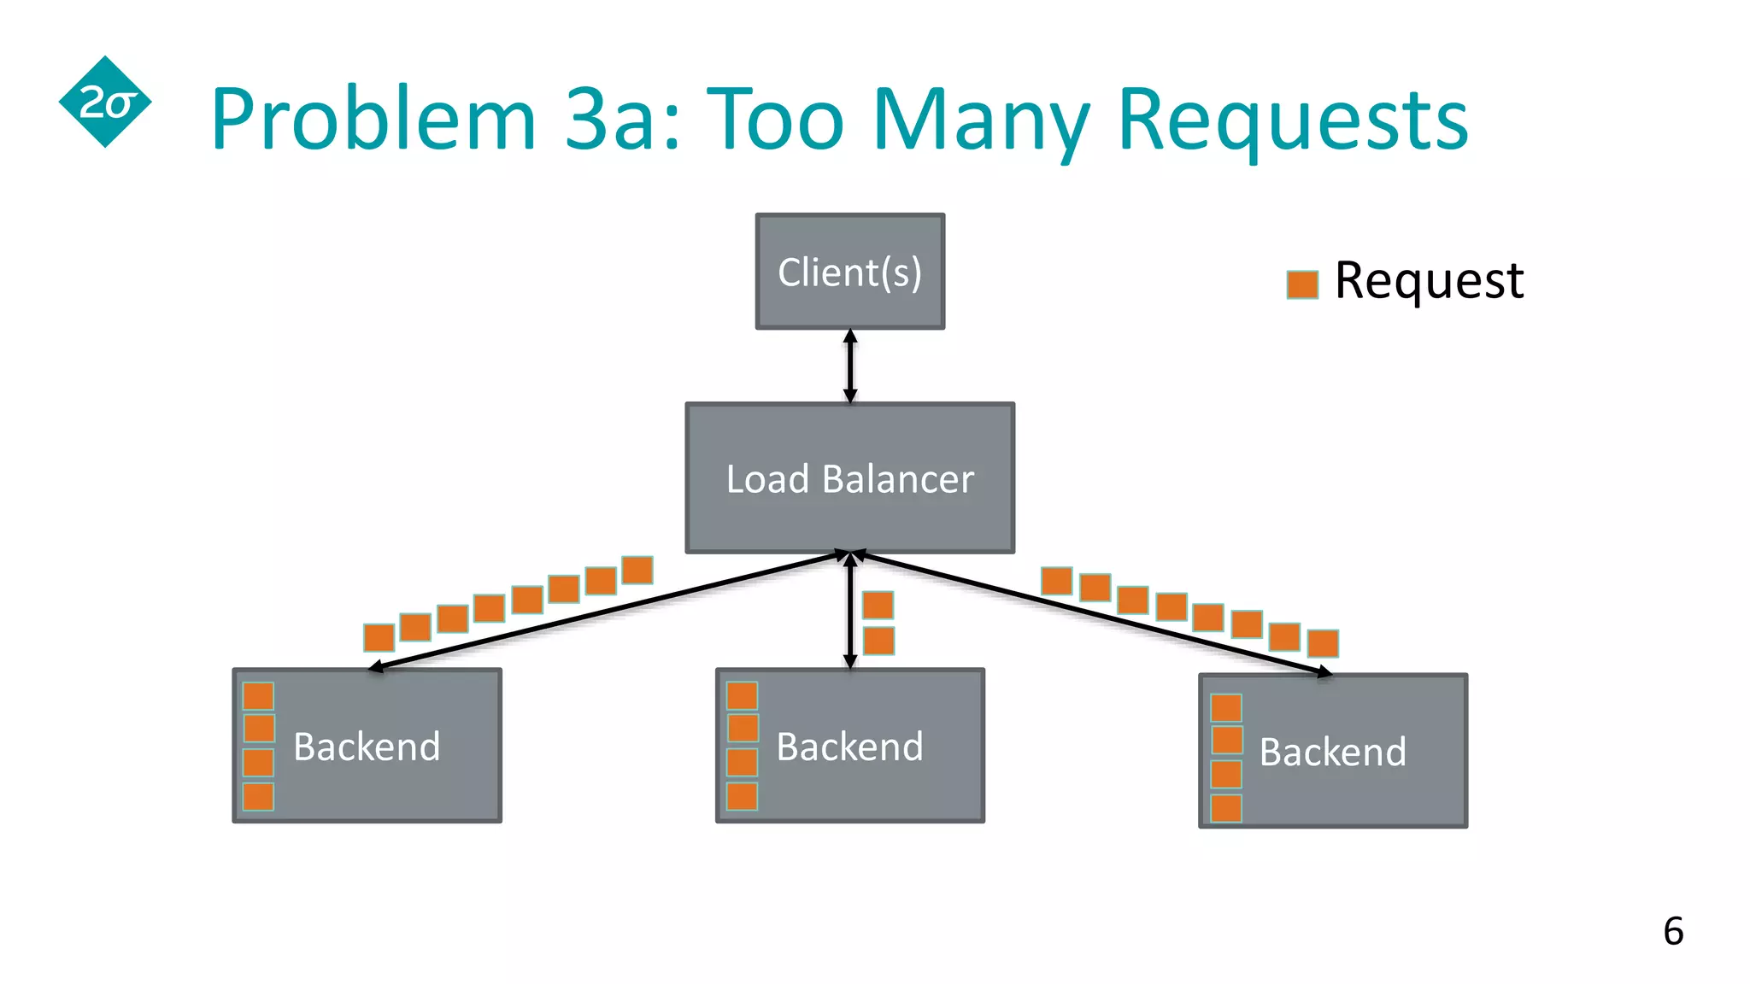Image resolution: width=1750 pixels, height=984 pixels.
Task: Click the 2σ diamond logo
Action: click(105, 102)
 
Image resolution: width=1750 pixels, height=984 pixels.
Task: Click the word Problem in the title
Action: click(373, 120)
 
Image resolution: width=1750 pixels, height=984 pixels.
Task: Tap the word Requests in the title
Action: click(1292, 120)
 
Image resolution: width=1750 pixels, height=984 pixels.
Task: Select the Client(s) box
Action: click(850, 272)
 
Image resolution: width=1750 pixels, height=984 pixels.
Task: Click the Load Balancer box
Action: click(850, 478)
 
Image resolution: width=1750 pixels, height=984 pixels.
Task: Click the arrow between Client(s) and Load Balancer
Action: click(850, 366)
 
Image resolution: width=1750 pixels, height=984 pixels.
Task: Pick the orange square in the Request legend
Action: click(1302, 284)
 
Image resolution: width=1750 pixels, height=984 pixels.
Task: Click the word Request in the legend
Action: click(1429, 280)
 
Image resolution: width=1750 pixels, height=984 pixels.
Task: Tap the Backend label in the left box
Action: click(367, 747)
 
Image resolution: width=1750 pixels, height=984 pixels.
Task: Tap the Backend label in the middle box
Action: click(850, 747)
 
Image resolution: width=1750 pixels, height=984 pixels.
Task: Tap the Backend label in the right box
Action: click(1332, 752)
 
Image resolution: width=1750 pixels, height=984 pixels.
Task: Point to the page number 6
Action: click(1673, 931)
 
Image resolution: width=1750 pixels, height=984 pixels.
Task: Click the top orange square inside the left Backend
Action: click(258, 696)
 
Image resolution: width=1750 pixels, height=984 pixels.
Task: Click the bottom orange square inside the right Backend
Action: click(1226, 808)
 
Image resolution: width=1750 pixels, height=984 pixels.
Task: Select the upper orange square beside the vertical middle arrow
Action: click(878, 605)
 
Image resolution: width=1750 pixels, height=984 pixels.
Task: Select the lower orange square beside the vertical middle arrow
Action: click(878, 641)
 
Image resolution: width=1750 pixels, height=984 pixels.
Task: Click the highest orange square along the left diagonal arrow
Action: click(637, 570)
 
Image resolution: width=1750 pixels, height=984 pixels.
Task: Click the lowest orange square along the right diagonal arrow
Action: click(1323, 643)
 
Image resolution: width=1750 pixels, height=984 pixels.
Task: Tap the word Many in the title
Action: click(981, 120)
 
